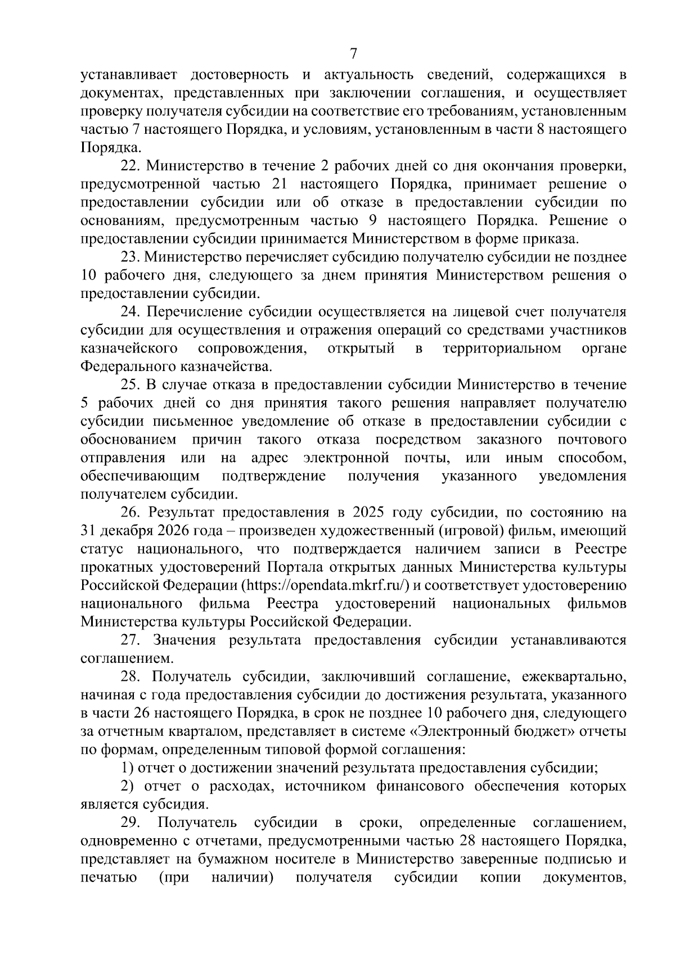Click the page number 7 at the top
pyautogui.click(x=353, y=54)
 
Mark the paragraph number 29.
pyautogui.click(x=131, y=823)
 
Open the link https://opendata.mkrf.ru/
pyautogui.click(x=326, y=585)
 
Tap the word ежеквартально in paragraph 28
pyautogui.click(x=574, y=677)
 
